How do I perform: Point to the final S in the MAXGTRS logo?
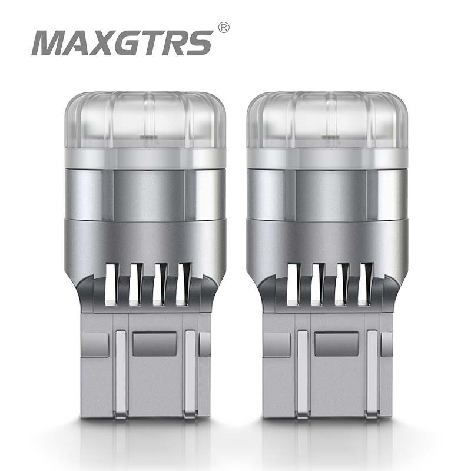click(197, 42)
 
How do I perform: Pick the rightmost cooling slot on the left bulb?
click(184, 284)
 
